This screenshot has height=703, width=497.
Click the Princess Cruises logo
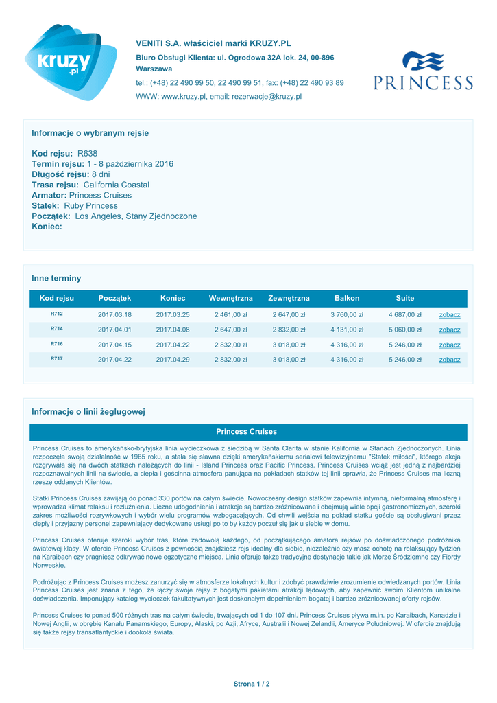pyautogui.click(x=423, y=71)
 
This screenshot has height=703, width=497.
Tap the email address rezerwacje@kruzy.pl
pyautogui.click(x=256, y=97)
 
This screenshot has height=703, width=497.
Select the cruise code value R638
pyautogui.click(x=88, y=154)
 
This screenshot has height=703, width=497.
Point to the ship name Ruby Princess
pyautogui.click(x=91, y=205)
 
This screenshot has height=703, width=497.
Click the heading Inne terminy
pyautogui.click(x=56, y=278)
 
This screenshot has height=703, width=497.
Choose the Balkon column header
pyautogui.click(x=347, y=298)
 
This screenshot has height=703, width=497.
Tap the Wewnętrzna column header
pyautogui.click(x=230, y=298)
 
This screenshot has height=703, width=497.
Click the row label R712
pyautogui.click(x=56, y=314)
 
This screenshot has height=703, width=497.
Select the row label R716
pyautogui.click(x=56, y=344)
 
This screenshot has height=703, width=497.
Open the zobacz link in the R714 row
pyautogui.click(x=450, y=330)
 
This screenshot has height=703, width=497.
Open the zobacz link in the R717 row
pyautogui.click(x=450, y=360)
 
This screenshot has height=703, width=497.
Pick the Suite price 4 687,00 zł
pyautogui.click(x=404, y=315)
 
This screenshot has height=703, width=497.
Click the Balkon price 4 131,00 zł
pyautogui.click(x=347, y=330)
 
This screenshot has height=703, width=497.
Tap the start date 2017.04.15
pyautogui.click(x=114, y=345)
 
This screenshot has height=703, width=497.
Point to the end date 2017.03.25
pyautogui.click(x=173, y=315)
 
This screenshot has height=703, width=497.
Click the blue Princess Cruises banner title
pyautogui.click(x=247, y=432)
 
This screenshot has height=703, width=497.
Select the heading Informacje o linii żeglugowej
pyautogui.click(x=88, y=411)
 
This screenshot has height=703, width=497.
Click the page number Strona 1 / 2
pyautogui.click(x=251, y=684)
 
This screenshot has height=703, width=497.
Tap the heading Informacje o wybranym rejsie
pyautogui.click(x=90, y=132)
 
